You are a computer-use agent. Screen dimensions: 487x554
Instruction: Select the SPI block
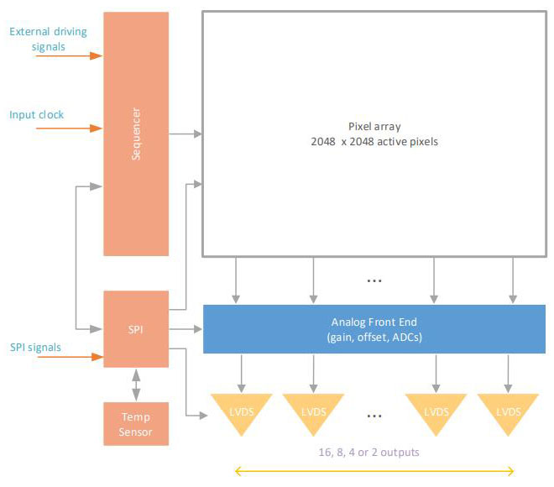135,328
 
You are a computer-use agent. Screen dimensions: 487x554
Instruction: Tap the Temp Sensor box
135,424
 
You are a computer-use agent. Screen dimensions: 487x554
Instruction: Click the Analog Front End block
374,327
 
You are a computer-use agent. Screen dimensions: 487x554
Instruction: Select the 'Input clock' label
36,114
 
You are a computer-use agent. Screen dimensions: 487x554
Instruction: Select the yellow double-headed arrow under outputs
374,471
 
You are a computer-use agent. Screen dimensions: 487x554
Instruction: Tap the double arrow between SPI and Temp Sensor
135,385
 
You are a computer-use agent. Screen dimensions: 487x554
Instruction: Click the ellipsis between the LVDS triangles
374,415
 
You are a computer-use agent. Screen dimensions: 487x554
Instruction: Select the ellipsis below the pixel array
374,280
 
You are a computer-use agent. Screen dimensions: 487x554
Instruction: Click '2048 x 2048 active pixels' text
374,142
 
